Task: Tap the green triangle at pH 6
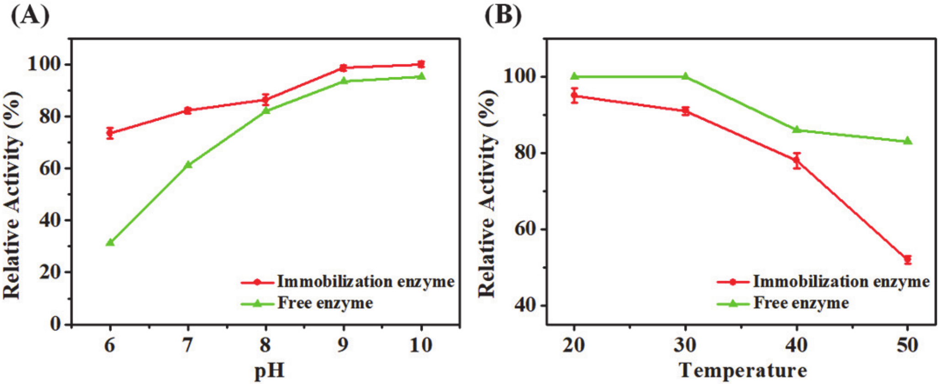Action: point(110,242)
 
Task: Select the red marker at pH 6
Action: point(110,133)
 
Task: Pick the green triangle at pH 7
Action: point(187,164)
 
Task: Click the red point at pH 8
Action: point(266,99)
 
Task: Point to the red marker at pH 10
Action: point(421,64)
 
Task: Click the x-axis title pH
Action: point(269,370)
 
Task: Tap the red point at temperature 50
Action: point(908,260)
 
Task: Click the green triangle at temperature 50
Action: point(908,141)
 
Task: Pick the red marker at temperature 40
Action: point(797,160)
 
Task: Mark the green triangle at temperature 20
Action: point(574,76)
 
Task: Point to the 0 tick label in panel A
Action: point(56,324)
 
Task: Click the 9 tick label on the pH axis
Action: point(343,345)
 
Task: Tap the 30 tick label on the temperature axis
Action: point(685,345)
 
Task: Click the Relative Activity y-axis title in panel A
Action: point(13,194)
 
